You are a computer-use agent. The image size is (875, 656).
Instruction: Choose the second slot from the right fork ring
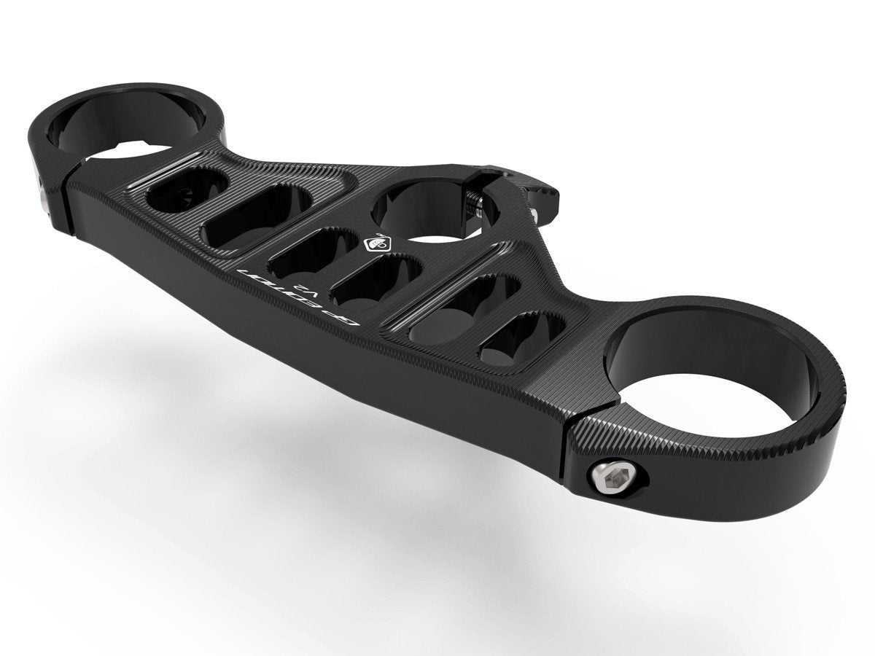[464, 309]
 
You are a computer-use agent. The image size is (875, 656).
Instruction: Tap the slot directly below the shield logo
[374, 281]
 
